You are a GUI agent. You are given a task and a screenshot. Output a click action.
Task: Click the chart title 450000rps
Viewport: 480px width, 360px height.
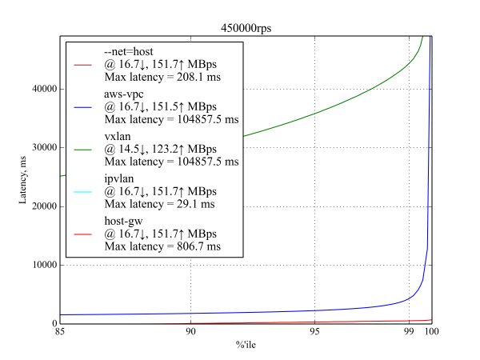pos(246,28)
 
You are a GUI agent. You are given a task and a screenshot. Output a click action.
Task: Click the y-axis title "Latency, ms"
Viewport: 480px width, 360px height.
pos(24,179)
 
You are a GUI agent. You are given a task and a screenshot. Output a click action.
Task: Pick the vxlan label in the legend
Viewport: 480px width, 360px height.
pos(120,137)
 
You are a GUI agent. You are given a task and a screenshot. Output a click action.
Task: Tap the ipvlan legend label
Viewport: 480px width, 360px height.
pos(122,179)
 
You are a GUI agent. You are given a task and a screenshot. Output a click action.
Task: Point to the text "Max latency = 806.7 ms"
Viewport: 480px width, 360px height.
pos(162,247)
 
